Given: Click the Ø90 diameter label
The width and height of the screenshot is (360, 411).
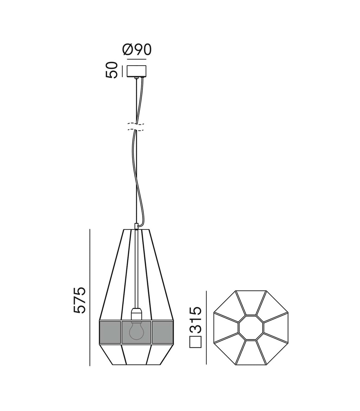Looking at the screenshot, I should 137,50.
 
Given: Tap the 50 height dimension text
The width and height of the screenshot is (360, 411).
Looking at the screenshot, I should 111,70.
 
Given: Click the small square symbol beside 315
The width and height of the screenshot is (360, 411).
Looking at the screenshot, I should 195,342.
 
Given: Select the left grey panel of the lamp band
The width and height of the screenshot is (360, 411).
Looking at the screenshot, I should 110,332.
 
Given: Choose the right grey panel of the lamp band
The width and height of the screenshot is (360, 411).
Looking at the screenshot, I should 163,332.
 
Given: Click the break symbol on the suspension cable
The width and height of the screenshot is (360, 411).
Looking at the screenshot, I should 136,127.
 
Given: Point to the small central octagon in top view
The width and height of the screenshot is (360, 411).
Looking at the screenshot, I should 251,328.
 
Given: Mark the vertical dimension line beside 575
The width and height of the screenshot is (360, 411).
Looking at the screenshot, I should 90,297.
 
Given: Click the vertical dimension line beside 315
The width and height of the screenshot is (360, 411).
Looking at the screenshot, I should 207,327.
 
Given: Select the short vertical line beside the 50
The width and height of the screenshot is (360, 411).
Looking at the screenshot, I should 122,71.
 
